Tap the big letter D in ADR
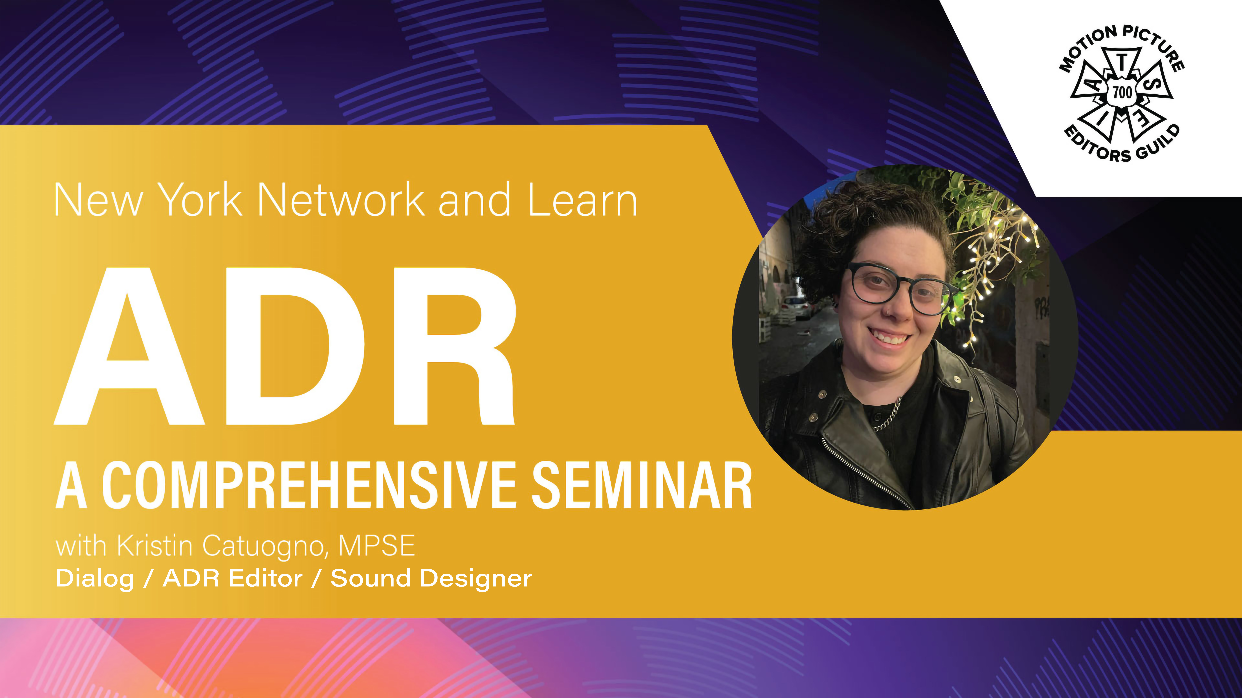pos(295,346)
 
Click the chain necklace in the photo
pos(887,414)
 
